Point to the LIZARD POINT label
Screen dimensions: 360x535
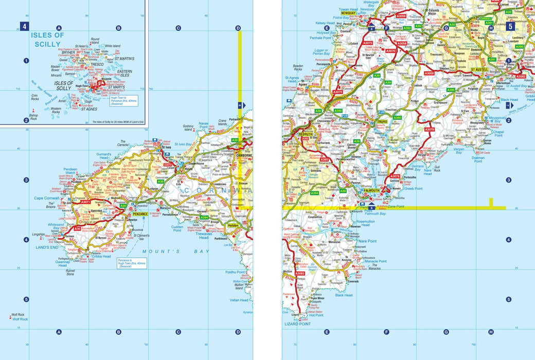click(x=298, y=325)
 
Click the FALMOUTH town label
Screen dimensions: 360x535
click(x=371, y=191)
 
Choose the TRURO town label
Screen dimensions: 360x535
click(x=382, y=121)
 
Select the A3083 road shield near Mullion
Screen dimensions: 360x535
click(x=300, y=274)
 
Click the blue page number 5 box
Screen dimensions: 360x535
click(x=510, y=27)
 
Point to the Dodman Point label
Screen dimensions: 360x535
click(x=478, y=158)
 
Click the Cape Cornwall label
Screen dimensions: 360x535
click(x=48, y=199)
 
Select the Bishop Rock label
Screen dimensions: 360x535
click(x=33, y=117)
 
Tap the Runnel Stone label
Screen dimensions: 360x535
click(x=70, y=272)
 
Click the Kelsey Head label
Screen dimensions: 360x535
click(x=325, y=23)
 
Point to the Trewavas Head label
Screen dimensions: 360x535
click(x=204, y=235)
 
